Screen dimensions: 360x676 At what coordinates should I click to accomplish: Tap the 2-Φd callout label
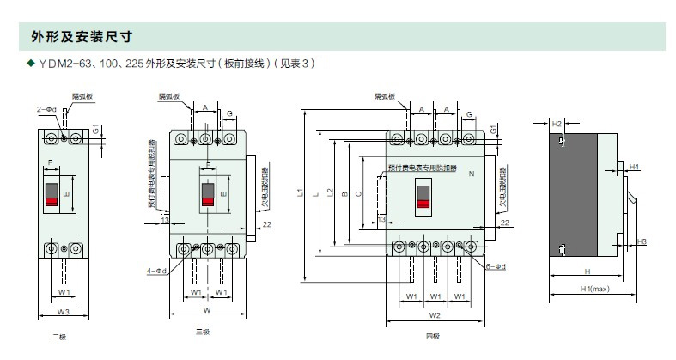(x=46, y=110)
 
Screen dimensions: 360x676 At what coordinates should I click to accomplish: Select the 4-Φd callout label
(x=156, y=271)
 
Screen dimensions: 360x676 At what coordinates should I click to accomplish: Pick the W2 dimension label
(x=435, y=314)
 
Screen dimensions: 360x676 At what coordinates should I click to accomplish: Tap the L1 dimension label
(x=300, y=195)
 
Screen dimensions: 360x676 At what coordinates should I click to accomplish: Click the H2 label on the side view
(x=557, y=125)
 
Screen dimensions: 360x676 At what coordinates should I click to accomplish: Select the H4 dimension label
(x=633, y=166)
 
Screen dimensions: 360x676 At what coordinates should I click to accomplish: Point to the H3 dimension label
(x=642, y=241)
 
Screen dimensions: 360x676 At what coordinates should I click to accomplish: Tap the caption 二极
(x=58, y=337)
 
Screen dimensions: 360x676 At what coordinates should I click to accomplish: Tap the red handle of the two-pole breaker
(x=52, y=201)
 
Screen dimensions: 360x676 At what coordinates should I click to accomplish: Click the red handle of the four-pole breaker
(x=423, y=203)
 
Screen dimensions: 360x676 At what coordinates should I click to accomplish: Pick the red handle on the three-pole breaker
(x=208, y=201)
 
